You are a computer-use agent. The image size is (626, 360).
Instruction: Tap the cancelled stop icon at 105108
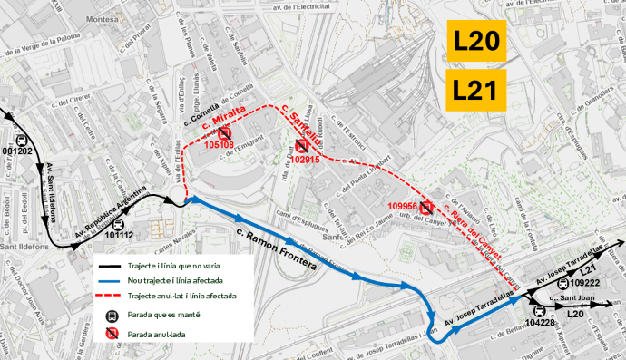point(224,132)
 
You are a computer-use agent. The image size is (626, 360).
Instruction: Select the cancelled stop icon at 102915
point(301,147)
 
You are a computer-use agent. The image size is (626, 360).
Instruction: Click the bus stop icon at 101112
point(117,223)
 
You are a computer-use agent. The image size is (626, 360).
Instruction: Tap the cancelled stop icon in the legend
point(111,333)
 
